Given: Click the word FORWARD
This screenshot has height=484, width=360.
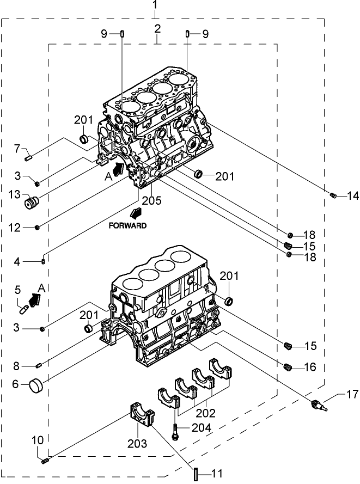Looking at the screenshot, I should click(x=127, y=225).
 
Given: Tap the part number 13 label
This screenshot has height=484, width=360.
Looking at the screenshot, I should click(x=14, y=194).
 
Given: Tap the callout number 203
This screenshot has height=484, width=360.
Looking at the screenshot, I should click(x=138, y=444).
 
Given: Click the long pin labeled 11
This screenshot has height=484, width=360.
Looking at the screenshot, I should click(x=195, y=473).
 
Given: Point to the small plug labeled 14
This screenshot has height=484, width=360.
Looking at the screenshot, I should click(x=333, y=196).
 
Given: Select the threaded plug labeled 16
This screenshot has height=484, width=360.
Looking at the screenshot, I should click(x=289, y=367).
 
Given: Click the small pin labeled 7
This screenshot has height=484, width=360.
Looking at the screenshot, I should click(x=30, y=158).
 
